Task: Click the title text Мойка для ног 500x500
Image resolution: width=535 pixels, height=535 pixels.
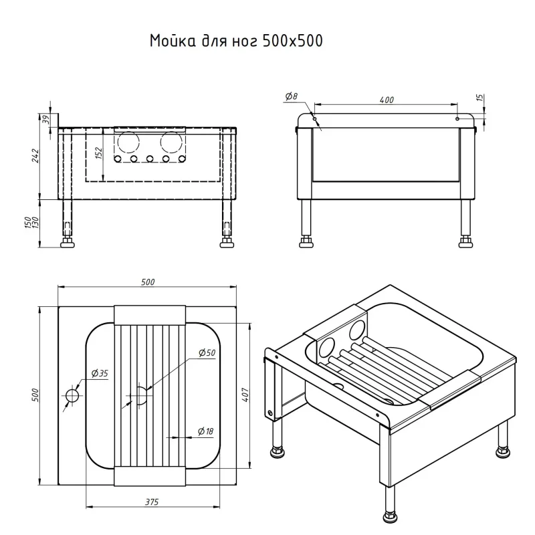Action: point(236,41)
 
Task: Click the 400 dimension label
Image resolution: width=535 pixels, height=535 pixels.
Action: point(386,100)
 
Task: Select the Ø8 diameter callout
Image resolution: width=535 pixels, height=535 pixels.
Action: point(291,97)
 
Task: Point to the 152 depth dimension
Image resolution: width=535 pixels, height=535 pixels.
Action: point(99,153)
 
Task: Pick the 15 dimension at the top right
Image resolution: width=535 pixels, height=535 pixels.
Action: point(479,98)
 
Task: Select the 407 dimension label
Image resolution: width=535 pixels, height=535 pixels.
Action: point(245,395)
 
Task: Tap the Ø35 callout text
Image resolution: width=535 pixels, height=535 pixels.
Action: point(99,373)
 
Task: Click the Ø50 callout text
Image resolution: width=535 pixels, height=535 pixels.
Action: point(207,352)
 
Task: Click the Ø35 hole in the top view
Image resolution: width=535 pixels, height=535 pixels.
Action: point(72,396)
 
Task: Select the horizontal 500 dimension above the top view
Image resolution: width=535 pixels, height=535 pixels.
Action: point(148,282)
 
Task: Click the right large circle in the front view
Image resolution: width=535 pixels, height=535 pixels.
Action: point(172,143)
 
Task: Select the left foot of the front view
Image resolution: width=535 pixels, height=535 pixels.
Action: point(68,243)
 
